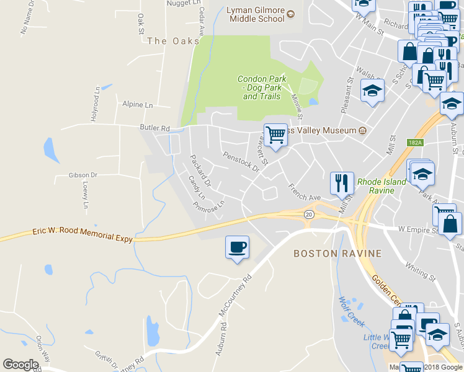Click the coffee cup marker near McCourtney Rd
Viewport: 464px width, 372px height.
point(237,247)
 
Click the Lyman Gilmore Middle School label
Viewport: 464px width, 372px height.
point(256,14)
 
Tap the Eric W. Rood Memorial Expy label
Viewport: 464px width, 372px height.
point(83,234)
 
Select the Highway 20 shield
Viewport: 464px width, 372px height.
point(308,214)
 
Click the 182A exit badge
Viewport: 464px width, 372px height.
point(415,143)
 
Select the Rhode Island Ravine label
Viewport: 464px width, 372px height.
point(381,186)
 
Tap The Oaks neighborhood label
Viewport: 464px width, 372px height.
point(166,40)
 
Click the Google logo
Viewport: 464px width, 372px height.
point(20,364)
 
